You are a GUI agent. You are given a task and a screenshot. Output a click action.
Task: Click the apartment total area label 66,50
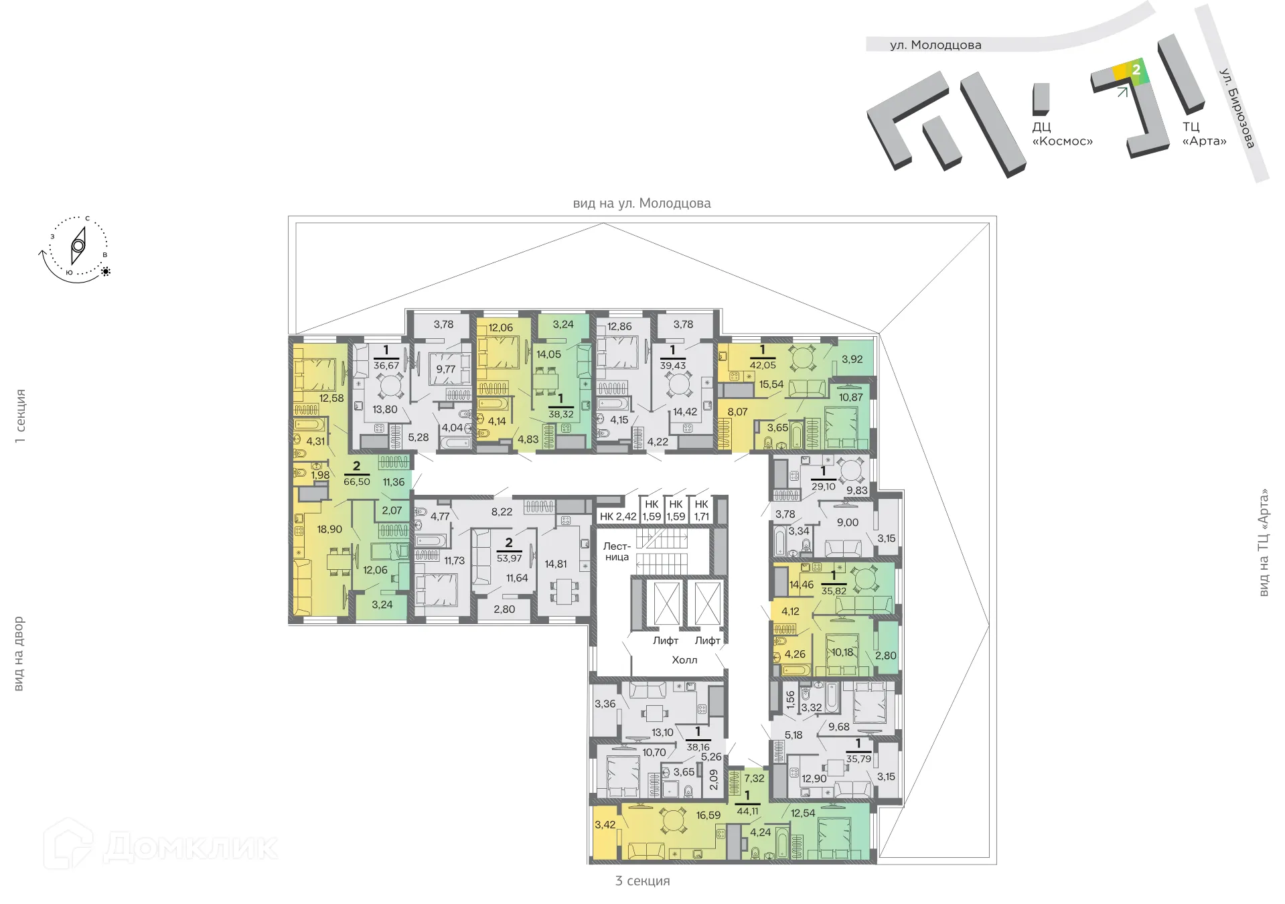[356, 481]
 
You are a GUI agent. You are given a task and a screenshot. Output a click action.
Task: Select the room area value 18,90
[329, 529]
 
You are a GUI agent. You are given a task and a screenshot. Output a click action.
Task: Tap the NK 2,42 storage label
[617, 516]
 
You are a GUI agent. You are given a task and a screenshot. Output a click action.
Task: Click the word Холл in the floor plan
[684, 660]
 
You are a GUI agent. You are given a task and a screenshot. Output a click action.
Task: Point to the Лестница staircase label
[617, 552]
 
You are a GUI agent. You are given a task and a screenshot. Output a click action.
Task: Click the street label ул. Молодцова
[935, 45]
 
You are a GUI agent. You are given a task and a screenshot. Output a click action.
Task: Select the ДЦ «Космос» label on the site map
[1062, 134]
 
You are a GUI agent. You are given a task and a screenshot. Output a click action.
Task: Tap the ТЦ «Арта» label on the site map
[1204, 134]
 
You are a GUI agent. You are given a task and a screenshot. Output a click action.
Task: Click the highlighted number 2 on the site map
[1136, 70]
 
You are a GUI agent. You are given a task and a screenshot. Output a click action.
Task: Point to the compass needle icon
[78, 246]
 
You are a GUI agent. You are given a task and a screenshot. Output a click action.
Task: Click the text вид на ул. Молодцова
[641, 203]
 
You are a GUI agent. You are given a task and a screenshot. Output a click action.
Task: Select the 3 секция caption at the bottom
[642, 881]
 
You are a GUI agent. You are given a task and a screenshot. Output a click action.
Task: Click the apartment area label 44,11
[747, 811]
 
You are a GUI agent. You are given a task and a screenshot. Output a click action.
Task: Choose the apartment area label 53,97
[509, 558]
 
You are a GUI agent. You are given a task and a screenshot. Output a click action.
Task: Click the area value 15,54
[771, 384]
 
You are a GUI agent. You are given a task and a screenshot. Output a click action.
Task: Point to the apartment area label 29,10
[823, 486]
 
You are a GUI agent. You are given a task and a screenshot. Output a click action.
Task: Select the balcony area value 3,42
[605, 824]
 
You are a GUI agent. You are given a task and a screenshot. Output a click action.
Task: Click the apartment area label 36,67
[386, 365]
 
